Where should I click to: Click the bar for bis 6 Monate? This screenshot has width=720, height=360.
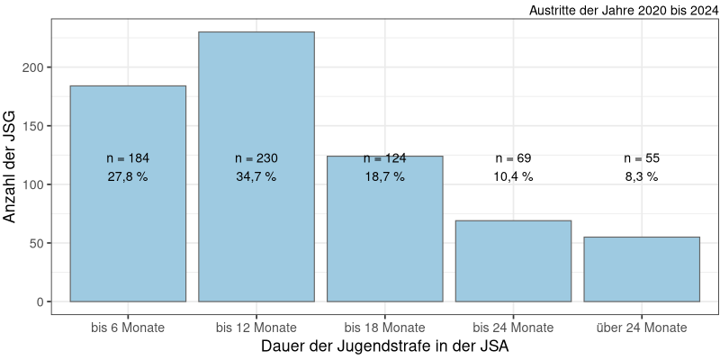coord(128,234)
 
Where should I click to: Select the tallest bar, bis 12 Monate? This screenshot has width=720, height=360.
coord(256,234)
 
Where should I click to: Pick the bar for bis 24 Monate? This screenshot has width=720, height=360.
coord(513,261)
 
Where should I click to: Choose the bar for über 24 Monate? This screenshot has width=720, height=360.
coord(642,269)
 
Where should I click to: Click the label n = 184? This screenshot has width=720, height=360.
coord(128,158)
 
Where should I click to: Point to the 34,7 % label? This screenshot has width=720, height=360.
coord(256,177)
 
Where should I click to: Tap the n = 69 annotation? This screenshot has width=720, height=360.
coord(513,158)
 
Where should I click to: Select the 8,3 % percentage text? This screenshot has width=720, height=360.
coord(642,177)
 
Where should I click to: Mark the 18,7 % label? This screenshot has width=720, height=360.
coord(384,177)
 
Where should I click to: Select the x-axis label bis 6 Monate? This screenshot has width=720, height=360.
coord(128,327)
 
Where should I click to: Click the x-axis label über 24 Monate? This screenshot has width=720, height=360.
coord(642,327)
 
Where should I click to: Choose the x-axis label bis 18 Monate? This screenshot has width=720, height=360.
coord(384,327)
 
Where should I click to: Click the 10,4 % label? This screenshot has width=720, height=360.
coord(513,177)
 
